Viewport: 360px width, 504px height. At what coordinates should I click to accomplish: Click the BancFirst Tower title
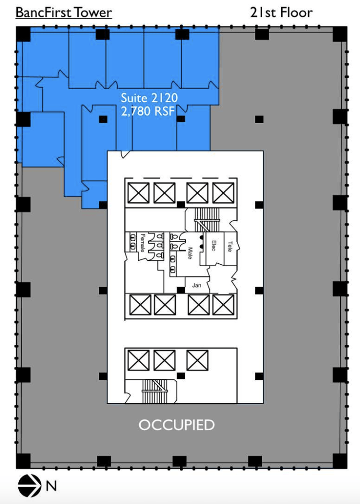(x=64, y=12)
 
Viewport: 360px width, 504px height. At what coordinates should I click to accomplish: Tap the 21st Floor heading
(x=281, y=12)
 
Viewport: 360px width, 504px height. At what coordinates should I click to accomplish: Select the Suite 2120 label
(x=149, y=97)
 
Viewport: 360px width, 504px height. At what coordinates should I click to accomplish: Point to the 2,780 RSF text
(x=148, y=111)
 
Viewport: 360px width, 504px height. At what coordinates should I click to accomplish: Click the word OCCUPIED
(x=177, y=425)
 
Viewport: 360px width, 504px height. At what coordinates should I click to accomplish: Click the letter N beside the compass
(x=51, y=486)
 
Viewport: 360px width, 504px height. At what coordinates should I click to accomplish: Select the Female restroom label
(x=143, y=243)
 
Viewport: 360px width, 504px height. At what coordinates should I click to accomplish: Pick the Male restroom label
(x=190, y=253)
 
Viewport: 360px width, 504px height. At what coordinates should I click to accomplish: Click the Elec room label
(x=213, y=246)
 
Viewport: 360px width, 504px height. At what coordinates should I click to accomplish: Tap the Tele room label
(x=230, y=246)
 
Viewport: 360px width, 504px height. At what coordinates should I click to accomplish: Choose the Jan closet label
(x=197, y=285)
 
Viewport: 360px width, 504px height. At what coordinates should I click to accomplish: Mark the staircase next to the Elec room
(x=206, y=220)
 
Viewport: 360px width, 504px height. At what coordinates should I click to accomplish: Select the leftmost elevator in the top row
(x=138, y=193)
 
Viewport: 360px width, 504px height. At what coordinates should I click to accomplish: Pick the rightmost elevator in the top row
(x=223, y=193)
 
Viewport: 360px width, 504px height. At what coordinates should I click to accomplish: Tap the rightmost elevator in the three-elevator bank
(x=197, y=360)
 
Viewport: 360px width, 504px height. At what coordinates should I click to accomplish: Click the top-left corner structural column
(x=23, y=34)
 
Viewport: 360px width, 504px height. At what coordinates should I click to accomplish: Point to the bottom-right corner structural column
(x=340, y=461)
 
